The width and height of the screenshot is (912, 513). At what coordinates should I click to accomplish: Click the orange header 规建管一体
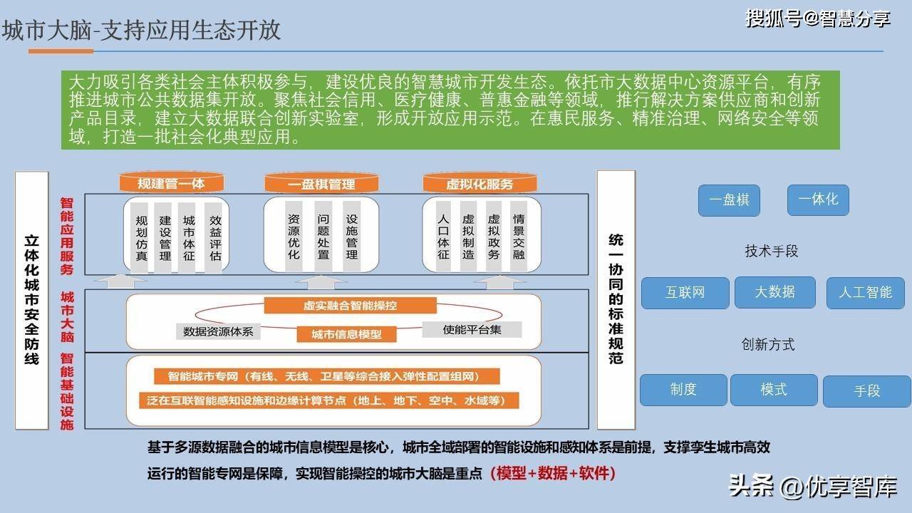tap(172, 183)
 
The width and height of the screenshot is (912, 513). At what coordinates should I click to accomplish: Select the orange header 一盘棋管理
tap(321, 184)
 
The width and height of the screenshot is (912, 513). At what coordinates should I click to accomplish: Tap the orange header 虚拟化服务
tap(480, 184)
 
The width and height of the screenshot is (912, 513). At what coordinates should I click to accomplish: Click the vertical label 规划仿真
tap(141, 238)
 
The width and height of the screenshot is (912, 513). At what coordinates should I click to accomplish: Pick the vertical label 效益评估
tap(215, 238)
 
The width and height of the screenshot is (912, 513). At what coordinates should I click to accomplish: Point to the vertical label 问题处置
tap(323, 237)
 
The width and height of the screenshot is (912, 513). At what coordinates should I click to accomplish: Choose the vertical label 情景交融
tap(518, 237)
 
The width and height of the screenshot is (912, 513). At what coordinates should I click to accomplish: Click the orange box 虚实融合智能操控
tap(350, 306)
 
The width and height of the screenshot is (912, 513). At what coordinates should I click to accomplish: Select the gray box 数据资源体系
tap(218, 331)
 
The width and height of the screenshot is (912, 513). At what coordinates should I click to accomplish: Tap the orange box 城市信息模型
tap(346, 334)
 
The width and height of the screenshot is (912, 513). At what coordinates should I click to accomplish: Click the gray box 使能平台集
tap(472, 329)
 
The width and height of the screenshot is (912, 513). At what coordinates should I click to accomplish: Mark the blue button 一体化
tap(818, 199)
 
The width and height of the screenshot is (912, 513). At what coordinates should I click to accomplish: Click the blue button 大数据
tap(774, 292)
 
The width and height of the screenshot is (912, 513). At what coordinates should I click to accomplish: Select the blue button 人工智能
tap(865, 293)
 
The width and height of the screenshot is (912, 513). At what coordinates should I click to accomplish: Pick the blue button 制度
tap(683, 390)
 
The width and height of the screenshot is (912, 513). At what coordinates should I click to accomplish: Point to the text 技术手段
tap(771, 251)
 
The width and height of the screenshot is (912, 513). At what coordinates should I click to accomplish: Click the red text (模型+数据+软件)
tap(553, 473)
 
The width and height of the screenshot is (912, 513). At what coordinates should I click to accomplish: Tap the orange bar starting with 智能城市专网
tap(326, 376)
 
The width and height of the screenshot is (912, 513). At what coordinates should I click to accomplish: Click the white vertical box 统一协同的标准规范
tap(616, 300)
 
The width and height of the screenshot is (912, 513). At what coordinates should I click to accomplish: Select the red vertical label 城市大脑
tap(67, 317)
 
